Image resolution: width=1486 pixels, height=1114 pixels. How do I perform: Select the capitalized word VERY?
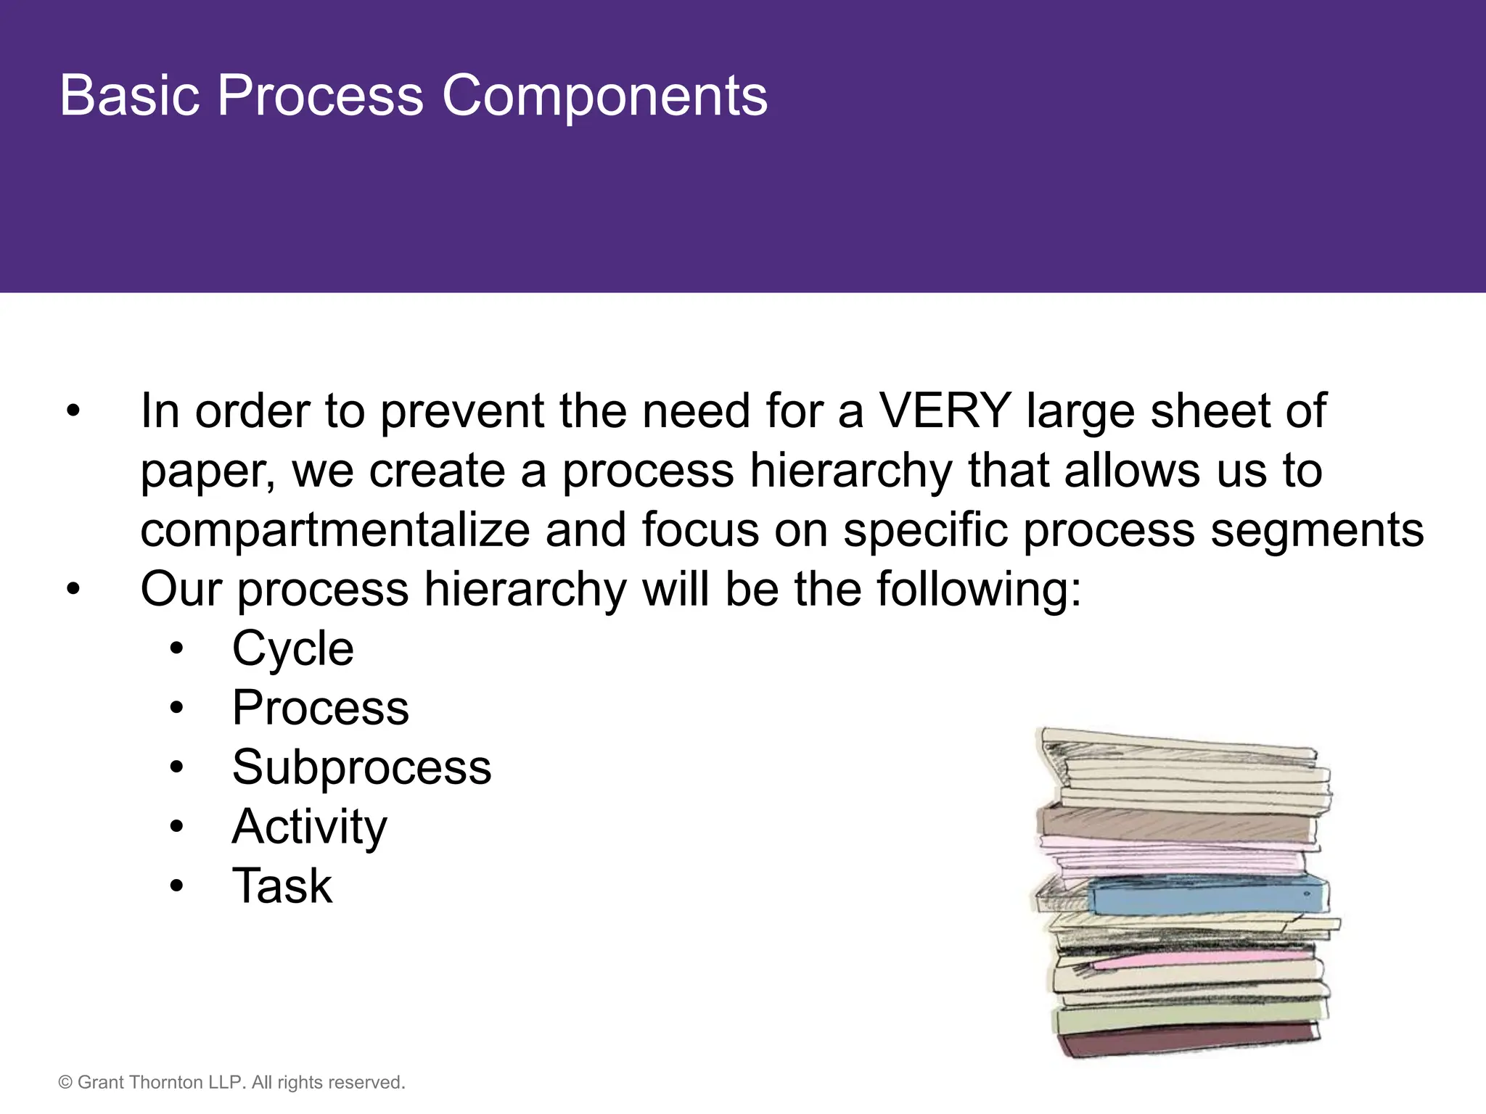tap(945, 411)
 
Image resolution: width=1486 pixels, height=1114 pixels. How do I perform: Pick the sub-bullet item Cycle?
tap(292, 648)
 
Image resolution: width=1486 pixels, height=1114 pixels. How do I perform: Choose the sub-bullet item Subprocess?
tap(361, 767)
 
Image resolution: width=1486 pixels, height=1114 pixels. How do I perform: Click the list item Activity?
tap(309, 827)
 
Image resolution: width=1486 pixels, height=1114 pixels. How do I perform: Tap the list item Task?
tap(282, 886)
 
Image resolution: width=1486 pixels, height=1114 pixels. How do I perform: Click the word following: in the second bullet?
tap(979, 589)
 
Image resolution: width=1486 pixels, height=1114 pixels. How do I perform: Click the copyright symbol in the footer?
tap(65, 1083)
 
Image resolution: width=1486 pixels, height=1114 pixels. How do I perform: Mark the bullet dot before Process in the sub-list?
tap(176, 708)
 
